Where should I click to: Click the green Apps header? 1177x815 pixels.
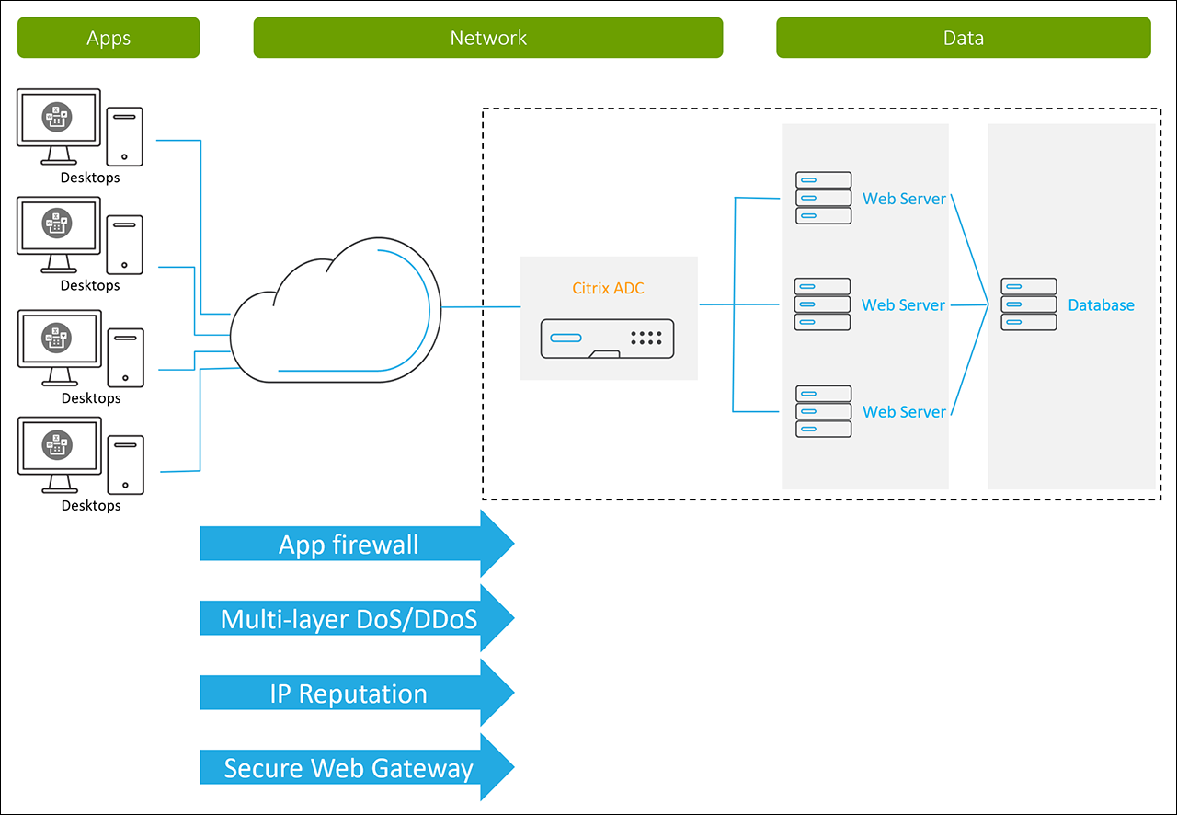point(109,38)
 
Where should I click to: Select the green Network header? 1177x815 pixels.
point(488,38)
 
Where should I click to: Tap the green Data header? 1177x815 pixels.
point(963,38)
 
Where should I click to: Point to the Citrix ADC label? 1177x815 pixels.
point(609,289)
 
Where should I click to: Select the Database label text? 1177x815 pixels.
point(1101,305)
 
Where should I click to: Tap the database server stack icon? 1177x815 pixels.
point(1029,304)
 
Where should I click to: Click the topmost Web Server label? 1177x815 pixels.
point(904,199)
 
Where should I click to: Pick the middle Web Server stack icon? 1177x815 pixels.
point(823,304)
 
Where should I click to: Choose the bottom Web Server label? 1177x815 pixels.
point(904,412)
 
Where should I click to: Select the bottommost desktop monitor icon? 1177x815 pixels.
point(58,452)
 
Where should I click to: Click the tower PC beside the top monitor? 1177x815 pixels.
point(124,135)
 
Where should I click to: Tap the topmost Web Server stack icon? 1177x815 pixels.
point(823,198)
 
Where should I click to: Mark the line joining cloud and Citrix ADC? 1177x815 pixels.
point(480,306)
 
